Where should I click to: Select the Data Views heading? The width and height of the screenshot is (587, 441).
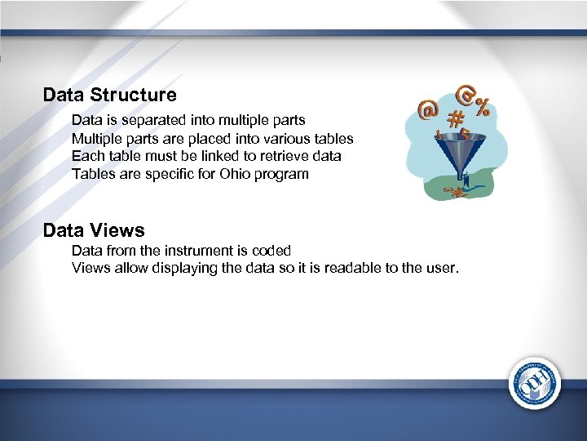click(94, 230)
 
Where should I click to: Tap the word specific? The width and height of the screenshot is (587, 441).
click(153, 173)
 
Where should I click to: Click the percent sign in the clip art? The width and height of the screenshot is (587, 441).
click(482, 107)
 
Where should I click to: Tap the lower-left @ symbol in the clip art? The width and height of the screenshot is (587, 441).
click(426, 109)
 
